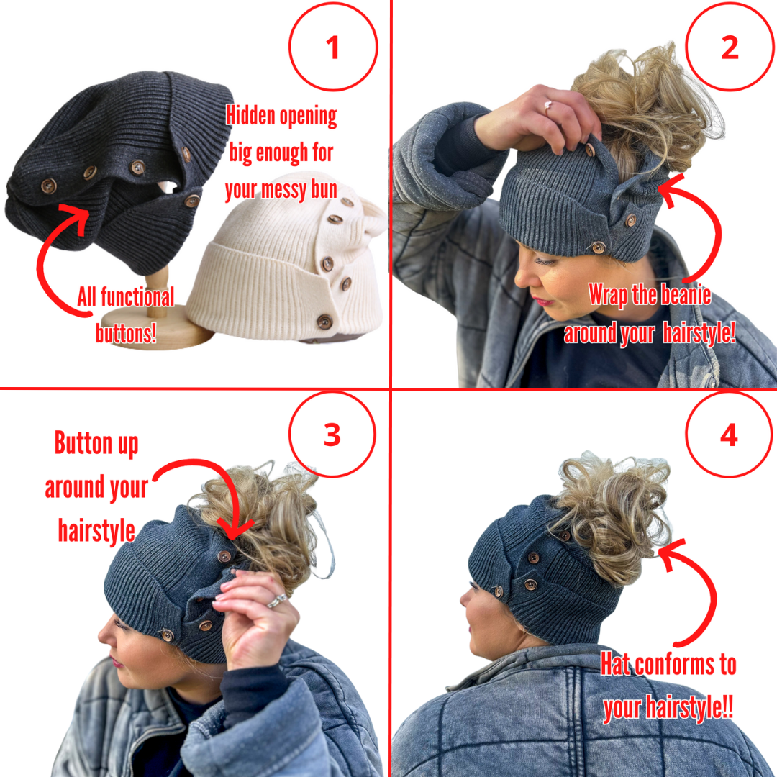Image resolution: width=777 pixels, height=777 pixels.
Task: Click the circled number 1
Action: pos(332,47)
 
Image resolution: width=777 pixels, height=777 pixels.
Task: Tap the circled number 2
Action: pos(729,47)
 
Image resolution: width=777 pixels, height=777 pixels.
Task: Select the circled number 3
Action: pos(332,435)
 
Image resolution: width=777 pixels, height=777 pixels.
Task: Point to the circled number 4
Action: pos(729,435)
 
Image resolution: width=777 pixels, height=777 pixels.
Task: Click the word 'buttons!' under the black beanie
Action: pos(126,332)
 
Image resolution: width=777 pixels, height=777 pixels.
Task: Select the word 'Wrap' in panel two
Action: pos(609,295)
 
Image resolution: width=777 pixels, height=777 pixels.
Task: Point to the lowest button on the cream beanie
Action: pos(325,322)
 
